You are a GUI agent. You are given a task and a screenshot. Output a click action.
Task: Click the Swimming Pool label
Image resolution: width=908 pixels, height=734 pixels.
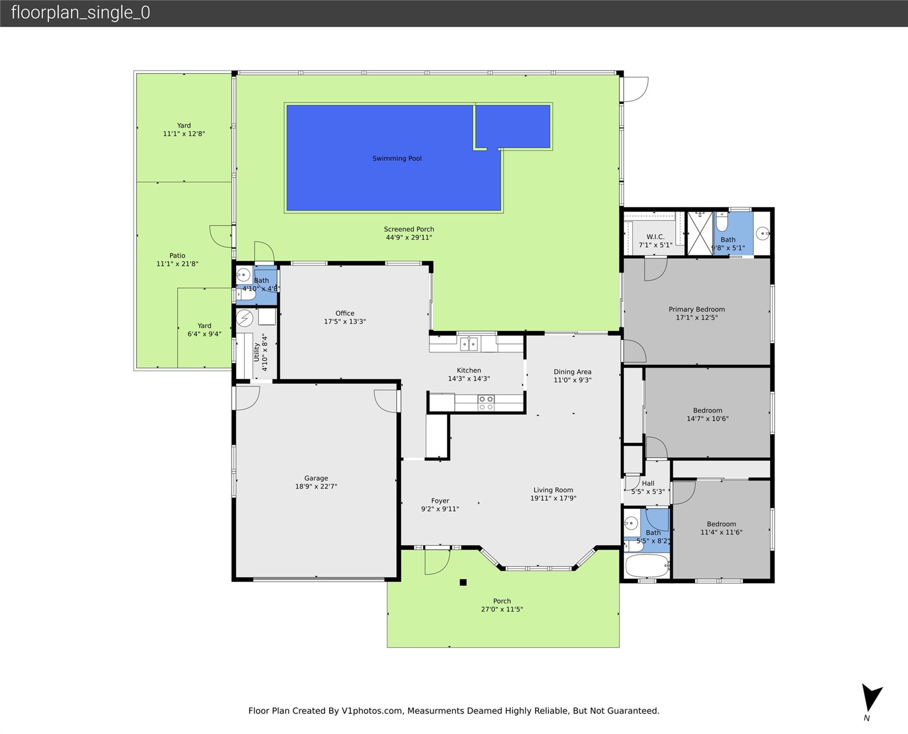pyautogui.click(x=397, y=159)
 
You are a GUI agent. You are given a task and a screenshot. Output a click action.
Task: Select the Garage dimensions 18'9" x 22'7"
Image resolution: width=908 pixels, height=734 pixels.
pyautogui.click(x=316, y=486)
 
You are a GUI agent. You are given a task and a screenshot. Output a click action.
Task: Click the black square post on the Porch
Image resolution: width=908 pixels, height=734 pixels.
pyautogui.click(x=463, y=582)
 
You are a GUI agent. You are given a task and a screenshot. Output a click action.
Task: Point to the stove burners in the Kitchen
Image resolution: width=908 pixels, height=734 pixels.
pyautogui.click(x=486, y=403)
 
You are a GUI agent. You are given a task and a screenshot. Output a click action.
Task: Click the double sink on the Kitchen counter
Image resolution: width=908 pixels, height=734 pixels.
pyautogui.click(x=469, y=344)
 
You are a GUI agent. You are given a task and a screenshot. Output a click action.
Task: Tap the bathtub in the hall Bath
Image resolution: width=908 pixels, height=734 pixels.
pyautogui.click(x=647, y=566)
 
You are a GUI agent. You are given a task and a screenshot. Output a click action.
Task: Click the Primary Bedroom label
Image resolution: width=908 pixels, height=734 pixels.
pyautogui.click(x=696, y=309)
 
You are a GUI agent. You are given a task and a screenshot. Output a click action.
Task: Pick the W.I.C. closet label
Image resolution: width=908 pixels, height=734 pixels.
pyautogui.click(x=655, y=237)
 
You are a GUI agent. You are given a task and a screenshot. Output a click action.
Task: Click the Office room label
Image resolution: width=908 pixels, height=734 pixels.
pyautogui.click(x=345, y=313)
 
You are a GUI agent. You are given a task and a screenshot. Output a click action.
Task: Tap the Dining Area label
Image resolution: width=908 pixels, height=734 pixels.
pyautogui.click(x=573, y=372)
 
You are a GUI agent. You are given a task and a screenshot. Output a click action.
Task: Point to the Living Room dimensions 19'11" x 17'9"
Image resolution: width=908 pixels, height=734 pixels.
pyautogui.click(x=553, y=498)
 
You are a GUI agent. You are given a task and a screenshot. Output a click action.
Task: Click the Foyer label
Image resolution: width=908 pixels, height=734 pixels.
pyautogui.click(x=440, y=501)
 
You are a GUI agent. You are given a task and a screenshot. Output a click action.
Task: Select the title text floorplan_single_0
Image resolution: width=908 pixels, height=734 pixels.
pyautogui.click(x=80, y=12)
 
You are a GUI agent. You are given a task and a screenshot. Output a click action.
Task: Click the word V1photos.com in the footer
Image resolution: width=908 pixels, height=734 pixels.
pyautogui.click(x=372, y=711)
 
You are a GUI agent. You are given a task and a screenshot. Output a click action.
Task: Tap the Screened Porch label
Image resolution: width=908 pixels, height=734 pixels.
pyautogui.click(x=409, y=229)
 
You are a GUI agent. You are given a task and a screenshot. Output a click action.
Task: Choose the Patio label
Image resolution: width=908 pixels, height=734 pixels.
pyautogui.click(x=177, y=256)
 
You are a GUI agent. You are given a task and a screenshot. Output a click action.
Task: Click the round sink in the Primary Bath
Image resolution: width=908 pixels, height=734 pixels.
pyautogui.click(x=763, y=234)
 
